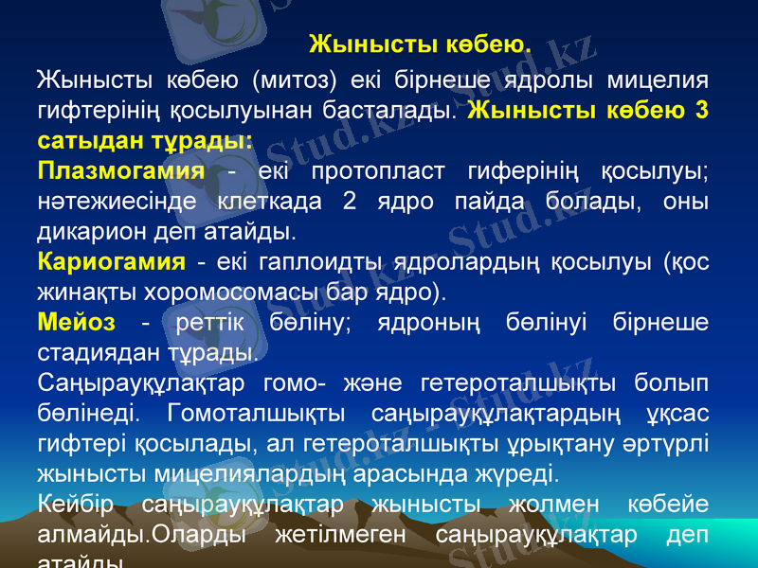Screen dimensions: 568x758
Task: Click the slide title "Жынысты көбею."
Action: point(420,44)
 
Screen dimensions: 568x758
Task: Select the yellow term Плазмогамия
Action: point(121,172)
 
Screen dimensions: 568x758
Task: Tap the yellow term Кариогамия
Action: point(111,261)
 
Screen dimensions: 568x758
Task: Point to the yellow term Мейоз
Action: point(76,322)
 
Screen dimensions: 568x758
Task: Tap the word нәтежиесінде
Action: point(117,202)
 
